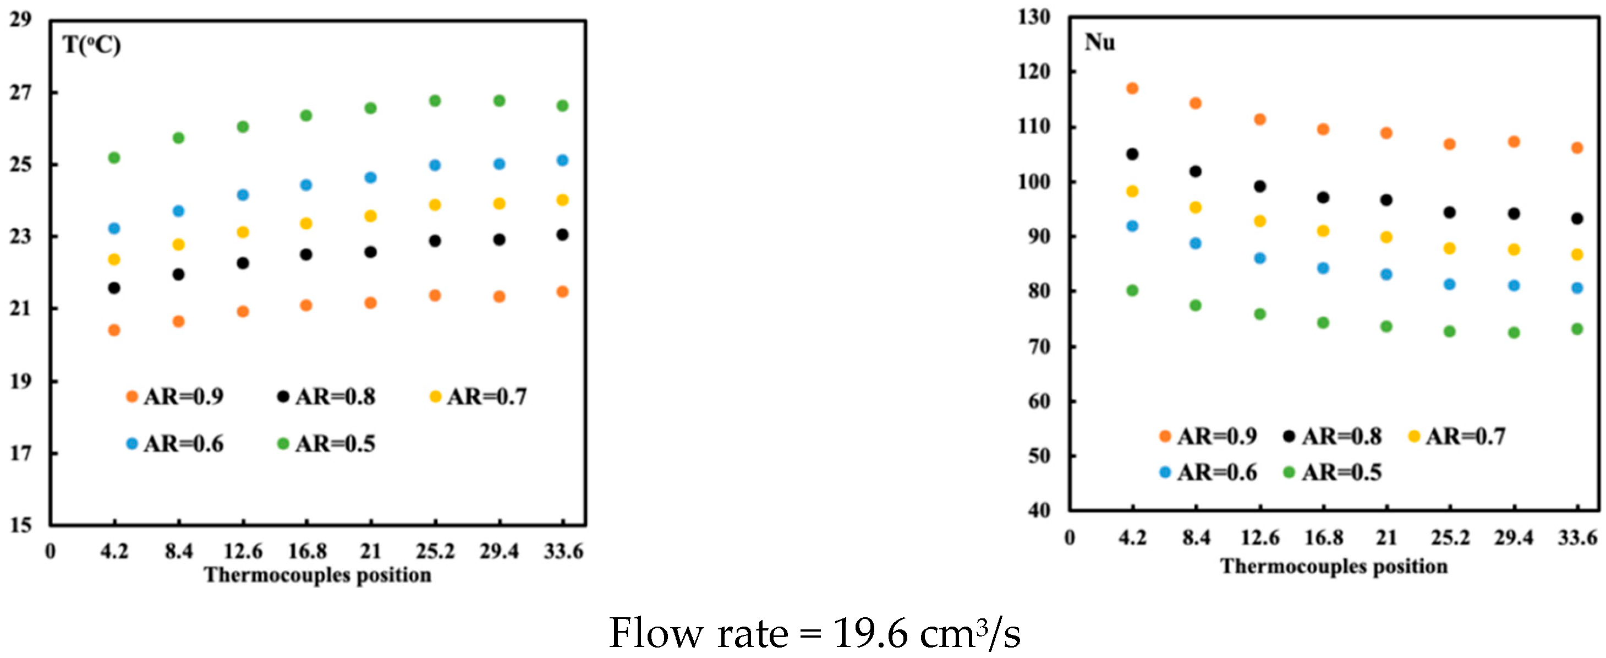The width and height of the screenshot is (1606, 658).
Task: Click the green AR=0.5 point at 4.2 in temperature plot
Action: (x=114, y=158)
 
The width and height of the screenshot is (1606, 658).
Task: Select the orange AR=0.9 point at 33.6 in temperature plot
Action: (x=562, y=292)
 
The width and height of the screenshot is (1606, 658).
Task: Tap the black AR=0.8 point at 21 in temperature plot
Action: (x=370, y=253)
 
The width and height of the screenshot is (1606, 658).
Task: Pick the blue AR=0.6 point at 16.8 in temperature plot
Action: (x=306, y=185)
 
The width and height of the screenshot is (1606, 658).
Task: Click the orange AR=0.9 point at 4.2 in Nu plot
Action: (x=1132, y=89)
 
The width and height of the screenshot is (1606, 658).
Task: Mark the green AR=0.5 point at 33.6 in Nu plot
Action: (x=1577, y=329)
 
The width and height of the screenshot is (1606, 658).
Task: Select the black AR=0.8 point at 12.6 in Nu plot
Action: (x=1260, y=187)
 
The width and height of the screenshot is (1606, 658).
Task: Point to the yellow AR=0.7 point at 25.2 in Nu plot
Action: (x=1450, y=249)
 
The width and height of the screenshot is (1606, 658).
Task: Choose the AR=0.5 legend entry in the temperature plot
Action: (x=327, y=444)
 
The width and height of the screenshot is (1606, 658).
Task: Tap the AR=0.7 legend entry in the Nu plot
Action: (x=1457, y=437)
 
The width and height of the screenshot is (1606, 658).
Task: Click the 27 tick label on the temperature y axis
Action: (x=20, y=93)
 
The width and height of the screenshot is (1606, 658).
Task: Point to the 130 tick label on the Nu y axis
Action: (x=1034, y=17)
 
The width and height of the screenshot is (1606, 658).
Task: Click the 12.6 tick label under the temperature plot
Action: (x=243, y=551)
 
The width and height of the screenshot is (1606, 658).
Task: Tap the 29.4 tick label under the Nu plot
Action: (x=1514, y=537)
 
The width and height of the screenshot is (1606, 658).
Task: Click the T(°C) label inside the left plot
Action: (x=92, y=46)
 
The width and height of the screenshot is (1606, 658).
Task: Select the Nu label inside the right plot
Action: (x=1100, y=42)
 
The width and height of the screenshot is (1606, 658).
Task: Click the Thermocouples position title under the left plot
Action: (x=318, y=575)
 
